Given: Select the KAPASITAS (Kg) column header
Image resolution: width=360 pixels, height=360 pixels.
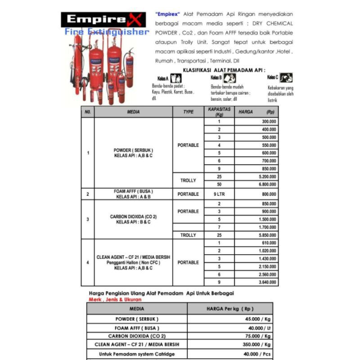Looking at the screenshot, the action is (219, 112).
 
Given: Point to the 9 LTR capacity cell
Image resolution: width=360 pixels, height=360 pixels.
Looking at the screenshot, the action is (219, 194).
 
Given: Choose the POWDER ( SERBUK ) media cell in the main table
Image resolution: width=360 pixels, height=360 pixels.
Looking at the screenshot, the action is (133, 153).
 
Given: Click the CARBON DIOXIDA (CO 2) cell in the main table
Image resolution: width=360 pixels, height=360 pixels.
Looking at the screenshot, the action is (133, 219).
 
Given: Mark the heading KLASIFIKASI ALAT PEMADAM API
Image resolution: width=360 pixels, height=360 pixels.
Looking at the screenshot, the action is (224, 70).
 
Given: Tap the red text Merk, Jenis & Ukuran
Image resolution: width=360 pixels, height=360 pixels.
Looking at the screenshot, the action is (115, 299).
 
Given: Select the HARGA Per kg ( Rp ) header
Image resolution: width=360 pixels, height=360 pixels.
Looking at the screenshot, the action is (230, 309).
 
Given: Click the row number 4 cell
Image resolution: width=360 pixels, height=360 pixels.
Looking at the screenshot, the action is (87, 262).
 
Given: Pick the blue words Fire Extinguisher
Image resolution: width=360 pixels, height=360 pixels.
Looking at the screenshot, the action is (107, 32).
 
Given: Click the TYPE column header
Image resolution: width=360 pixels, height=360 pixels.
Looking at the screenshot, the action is (188, 112).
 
